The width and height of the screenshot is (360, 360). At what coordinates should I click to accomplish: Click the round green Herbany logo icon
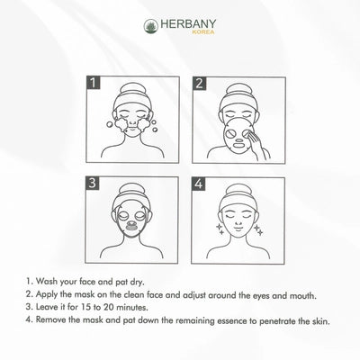(151, 26)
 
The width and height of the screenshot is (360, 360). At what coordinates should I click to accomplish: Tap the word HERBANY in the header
(188, 24)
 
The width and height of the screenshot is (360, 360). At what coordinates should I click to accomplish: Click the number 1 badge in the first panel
(94, 83)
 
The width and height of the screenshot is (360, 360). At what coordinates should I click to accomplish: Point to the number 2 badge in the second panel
(199, 84)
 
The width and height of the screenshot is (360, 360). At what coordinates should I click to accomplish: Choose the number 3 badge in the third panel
(93, 183)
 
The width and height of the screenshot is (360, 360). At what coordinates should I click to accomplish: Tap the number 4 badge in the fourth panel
(198, 184)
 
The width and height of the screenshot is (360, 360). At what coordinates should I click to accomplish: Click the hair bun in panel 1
(132, 89)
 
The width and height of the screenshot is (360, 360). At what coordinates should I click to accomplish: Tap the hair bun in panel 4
(238, 190)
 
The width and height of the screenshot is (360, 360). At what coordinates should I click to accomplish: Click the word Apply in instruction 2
(47, 295)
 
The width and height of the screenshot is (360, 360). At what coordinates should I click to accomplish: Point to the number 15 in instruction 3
(84, 308)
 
